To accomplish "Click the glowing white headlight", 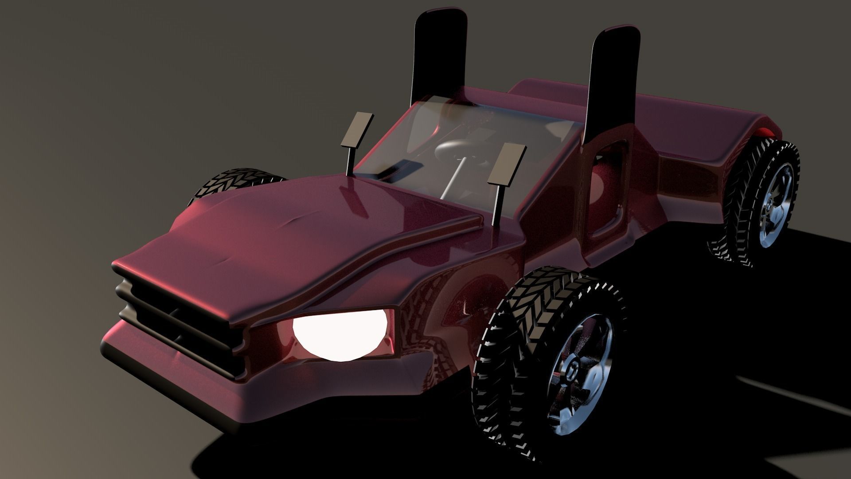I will coord(339,333).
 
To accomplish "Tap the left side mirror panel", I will coord(357,130).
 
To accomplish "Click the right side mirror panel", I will coord(506,164).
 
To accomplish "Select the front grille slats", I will coord(177,319).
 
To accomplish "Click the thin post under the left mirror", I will coord(350,162).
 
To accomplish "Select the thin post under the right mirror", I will coord(497,204).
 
